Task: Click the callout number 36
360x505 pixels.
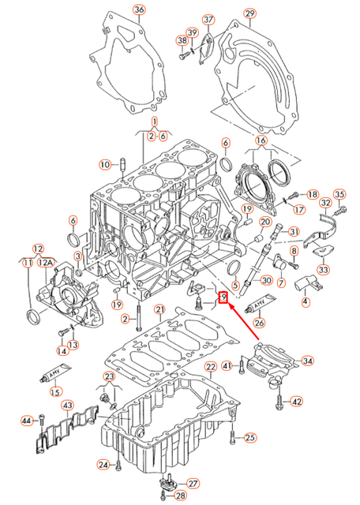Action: tap(140, 9)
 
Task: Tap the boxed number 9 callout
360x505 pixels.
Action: tap(223, 297)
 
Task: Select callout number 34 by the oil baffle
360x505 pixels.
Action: tap(307, 361)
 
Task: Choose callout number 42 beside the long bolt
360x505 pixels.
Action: tap(296, 402)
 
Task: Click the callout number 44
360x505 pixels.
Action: tap(27, 421)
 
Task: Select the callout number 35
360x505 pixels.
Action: tap(340, 194)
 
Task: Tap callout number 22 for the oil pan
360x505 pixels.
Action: tap(210, 368)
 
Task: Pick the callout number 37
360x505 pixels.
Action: tap(208, 19)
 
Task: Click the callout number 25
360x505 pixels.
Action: tap(250, 437)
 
